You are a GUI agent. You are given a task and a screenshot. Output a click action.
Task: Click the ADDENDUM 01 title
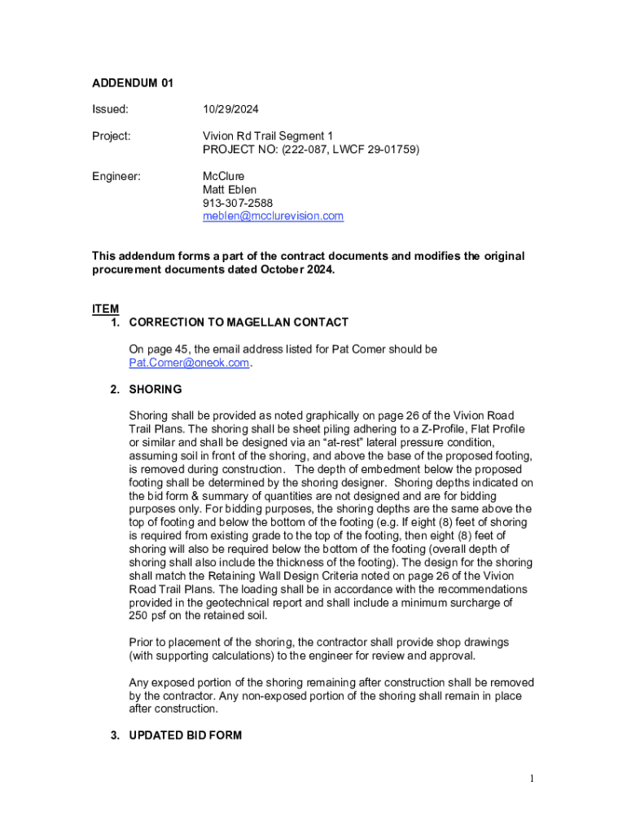132,83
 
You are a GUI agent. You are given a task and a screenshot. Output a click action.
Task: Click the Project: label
111,136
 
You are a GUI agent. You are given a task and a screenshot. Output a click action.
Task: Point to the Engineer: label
116,176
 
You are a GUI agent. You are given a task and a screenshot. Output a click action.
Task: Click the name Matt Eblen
230,189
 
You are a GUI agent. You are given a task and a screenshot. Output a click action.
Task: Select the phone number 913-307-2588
238,203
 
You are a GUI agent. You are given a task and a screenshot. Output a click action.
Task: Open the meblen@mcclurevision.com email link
273,216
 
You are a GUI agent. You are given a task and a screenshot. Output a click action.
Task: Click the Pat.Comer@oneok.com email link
189,362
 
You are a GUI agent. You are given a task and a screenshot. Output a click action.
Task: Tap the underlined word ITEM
105,309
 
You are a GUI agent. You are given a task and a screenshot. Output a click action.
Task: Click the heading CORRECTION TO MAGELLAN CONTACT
239,323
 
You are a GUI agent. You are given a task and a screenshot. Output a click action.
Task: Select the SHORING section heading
155,389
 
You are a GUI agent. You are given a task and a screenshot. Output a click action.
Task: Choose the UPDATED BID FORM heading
185,735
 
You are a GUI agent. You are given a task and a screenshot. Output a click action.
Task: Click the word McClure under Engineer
223,176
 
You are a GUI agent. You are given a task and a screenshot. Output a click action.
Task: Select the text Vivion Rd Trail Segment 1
268,136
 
